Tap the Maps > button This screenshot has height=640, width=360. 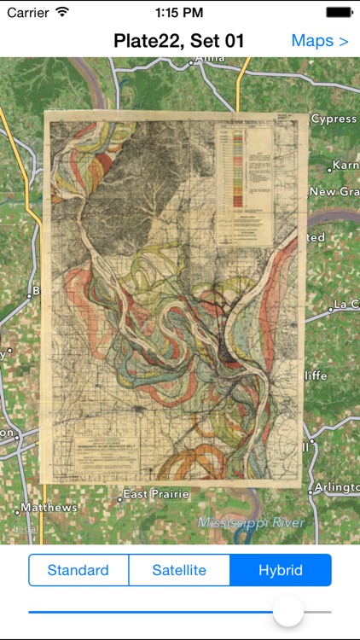pyautogui.click(x=320, y=41)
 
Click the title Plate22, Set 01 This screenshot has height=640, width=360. pyautogui.click(x=179, y=41)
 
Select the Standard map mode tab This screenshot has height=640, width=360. pyautogui.click(x=78, y=570)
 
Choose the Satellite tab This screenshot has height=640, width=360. pyautogui.click(x=179, y=570)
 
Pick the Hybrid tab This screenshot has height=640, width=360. pyautogui.click(x=281, y=570)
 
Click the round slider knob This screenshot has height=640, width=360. pyautogui.click(x=288, y=611)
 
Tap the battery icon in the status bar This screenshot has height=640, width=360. pyautogui.click(x=339, y=13)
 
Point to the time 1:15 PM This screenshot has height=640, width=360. pyautogui.click(x=179, y=13)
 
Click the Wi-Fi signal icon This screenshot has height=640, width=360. pyautogui.click(x=62, y=13)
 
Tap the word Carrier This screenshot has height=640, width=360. pyautogui.click(x=28, y=13)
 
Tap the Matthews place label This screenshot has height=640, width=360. pyautogui.click(x=49, y=508)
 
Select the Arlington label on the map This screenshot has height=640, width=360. pyautogui.click(x=337, y=486)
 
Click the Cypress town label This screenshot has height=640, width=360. pyautogui.click(x=333, y=119)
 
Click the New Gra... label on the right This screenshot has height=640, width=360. pyautogui.click(x=334, y=192)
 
